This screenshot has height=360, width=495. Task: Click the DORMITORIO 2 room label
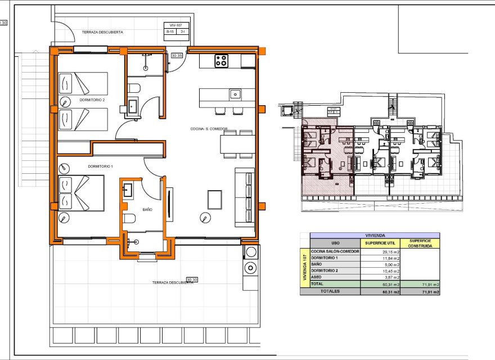pyautogui.click(x=92, y=100)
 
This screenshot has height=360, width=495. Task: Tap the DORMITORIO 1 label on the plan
pyautogui.click(x=100, y=166)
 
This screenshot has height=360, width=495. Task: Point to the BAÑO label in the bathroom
pyautogui.click(x=147, y=209)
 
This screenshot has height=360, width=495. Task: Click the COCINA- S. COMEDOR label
pyautogui.click(x=209, y=129)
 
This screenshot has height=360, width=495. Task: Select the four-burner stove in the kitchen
pyautogui.click(x=221, y=61)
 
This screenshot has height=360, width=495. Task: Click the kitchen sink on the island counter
pyautogui.click(x=235, y=94)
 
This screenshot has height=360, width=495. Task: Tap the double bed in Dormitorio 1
pyautogui.click(x=82, y=193)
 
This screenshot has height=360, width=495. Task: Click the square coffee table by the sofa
pyautogui.click(x=215, y=199)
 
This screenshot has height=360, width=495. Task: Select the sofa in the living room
pyautogui.click(x=245, y=196)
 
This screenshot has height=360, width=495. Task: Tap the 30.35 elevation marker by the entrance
pyautogui.click(x=177, y=56)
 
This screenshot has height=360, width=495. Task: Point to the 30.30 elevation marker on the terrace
pyautogui.click(x=192, y=279)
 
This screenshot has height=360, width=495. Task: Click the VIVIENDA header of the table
pyautogui.click(x=370, y=235)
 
